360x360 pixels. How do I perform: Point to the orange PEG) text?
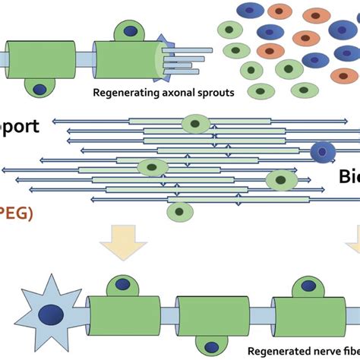(x=16, y=213)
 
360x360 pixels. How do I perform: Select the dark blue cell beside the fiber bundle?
(x=324, y=152)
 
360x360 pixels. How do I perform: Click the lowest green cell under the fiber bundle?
(x=178, y=211)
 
